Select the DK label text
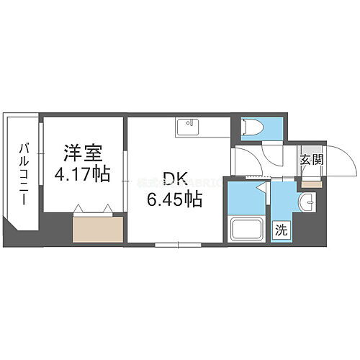click(171, 179)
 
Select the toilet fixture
click(251, 128)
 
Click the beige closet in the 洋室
click(96, 230)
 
